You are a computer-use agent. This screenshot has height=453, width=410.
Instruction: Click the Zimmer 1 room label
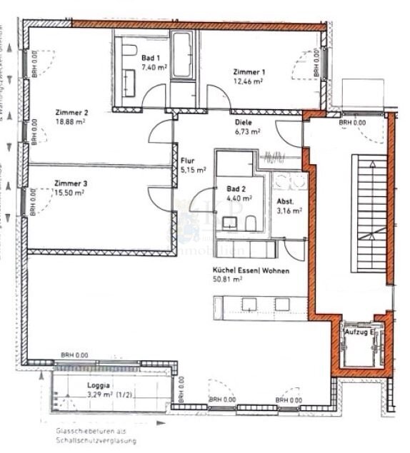(x=250, y=72)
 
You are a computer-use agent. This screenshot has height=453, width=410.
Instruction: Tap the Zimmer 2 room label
(x=71, y=112)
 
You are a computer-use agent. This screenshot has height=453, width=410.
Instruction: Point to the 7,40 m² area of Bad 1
(x=153, y=66)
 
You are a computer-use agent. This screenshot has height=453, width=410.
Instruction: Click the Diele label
(x=244, y=122)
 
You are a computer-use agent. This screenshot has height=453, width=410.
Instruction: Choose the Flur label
(x=188, y=161)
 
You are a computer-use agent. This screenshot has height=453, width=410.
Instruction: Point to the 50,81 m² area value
(x=227, y=280)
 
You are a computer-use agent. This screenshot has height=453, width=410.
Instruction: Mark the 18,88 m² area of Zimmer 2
(x=71, y=121)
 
